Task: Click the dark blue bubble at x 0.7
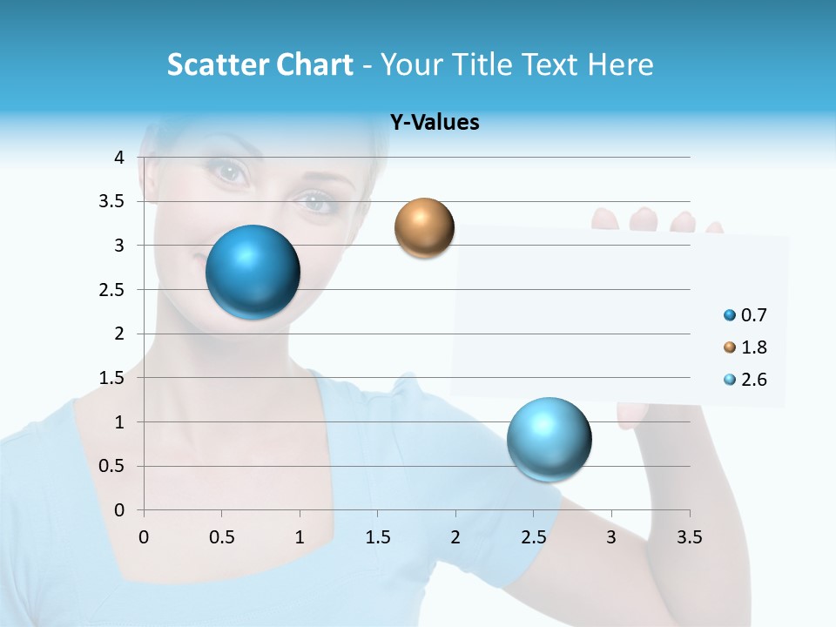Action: tap(253, 272)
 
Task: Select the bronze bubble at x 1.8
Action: tap(424, 227)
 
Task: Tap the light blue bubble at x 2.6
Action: tap(549, 438)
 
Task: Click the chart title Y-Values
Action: tap(434, 123)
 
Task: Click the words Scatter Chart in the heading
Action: tap(260, 64)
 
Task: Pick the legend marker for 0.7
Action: tap(730, 315)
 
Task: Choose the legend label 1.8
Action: tap(753, 347)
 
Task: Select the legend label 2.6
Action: tap(753, 380)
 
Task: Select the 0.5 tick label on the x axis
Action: tap(222, 537)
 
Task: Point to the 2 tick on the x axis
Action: tap(455, 537)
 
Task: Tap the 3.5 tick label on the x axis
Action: tap(690, 537)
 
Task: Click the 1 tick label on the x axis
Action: tap(300, 537)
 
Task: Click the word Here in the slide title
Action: tap(620, 64)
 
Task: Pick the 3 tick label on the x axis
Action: tap(611, 537)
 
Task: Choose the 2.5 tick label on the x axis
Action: tap(533, 537)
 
